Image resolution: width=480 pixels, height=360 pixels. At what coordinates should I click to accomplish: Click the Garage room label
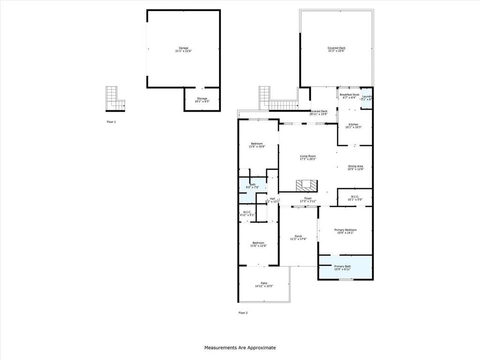[183, 49]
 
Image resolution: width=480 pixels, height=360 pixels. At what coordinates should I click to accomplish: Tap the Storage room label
[202, 100]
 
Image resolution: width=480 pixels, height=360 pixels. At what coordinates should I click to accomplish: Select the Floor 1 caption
[111, 121]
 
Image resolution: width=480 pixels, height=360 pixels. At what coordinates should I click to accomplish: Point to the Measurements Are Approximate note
[240, 348]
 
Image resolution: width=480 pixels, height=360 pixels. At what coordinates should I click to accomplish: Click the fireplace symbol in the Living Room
[306, 186]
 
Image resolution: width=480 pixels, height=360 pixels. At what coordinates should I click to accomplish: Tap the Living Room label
[308, 157]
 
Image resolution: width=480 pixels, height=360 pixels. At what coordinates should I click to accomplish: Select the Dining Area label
[355, 167]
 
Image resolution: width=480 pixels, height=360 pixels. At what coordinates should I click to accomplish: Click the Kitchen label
[354, 126]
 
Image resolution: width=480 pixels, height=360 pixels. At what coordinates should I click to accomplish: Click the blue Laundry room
[367, 99]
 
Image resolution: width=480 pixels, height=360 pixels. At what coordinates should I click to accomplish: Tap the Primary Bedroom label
[345, 231]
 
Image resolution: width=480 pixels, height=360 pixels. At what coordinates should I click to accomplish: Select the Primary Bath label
[342, 268]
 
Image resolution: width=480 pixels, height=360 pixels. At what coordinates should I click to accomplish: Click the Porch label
[298, 237]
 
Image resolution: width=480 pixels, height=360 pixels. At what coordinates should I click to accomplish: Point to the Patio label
[264, 285]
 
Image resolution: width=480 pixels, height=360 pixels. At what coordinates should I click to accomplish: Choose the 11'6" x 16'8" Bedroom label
[257, 145]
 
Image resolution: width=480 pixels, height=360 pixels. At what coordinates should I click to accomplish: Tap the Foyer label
[308, 200]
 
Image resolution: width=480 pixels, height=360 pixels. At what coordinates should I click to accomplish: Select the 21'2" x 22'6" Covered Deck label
[337, 49]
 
